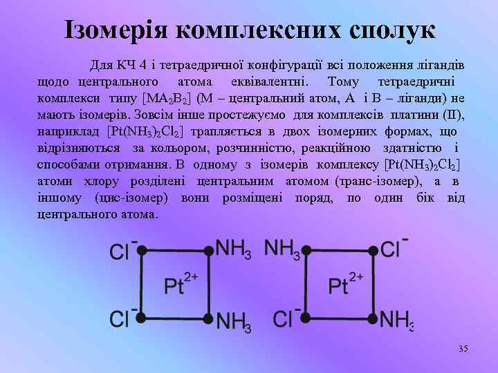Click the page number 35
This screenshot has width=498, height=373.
463,349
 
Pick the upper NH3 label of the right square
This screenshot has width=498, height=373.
282,249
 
